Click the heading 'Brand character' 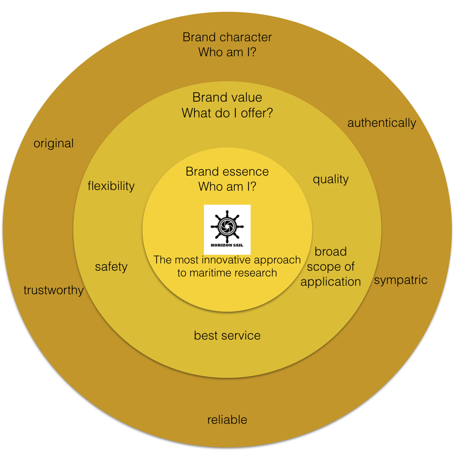(227, 37)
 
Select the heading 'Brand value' (227, 98)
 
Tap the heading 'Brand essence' (227, 171)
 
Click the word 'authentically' (382, 123)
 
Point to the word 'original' (54, 144)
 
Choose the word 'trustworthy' (54, 290)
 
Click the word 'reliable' (227, 420)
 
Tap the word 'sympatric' (400, 280)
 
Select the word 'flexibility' (111, 186)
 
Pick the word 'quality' (331, 179)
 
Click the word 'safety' (111, 267)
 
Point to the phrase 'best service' (227, 336)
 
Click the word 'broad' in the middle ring (331, 251)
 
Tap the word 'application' (331, 282)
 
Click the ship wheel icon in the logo (227, 226)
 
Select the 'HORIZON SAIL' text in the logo (227, 245)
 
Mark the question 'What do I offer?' (227, 113)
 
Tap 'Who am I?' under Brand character (227, 53)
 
